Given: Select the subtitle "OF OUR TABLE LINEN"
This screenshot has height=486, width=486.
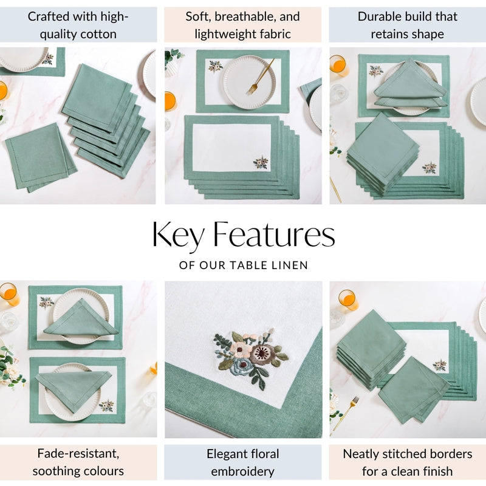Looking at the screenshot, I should [x=243, y=265].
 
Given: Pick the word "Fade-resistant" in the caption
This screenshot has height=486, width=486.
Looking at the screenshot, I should [x=78, y=454].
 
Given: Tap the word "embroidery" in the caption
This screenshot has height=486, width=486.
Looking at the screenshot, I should [x=243, y=471].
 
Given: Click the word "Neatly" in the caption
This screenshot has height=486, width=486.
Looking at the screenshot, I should [x=363, y=454].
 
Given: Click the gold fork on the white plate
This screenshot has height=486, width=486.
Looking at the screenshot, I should [x=261, y=76].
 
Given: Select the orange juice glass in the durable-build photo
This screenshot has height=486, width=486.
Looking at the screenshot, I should [x=338, y=64].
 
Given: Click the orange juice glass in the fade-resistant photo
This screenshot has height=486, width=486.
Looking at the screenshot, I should [x=9, y=294].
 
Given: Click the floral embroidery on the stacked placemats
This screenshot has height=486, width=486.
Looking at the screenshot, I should [x=261, y=162].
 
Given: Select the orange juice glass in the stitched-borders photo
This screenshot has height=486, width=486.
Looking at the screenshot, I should [x=348, y=299].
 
